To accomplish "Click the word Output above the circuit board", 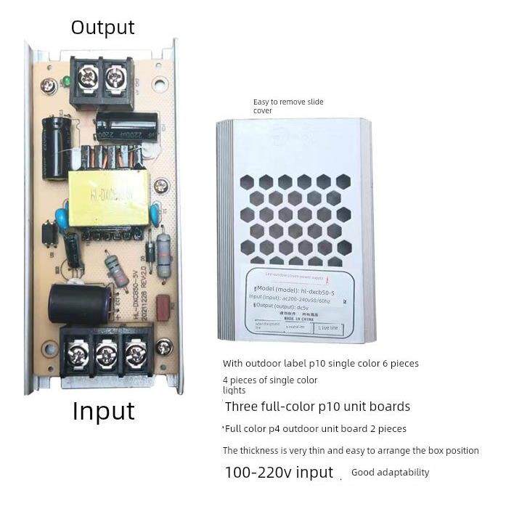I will click(102, 28).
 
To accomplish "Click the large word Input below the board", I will click(103, 411).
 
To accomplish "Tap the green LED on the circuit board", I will click(66, 80).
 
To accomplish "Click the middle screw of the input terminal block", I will click(106, 354).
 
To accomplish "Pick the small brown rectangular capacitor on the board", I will click(162, 303).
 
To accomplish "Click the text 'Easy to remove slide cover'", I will click(279, 106).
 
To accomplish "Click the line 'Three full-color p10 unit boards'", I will click(317, 407).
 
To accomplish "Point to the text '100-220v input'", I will click(278, 473).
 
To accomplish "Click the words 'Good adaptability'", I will click(390, 473).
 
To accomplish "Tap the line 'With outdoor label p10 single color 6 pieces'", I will click(320, 363).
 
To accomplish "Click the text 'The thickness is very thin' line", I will click(351, 451).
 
